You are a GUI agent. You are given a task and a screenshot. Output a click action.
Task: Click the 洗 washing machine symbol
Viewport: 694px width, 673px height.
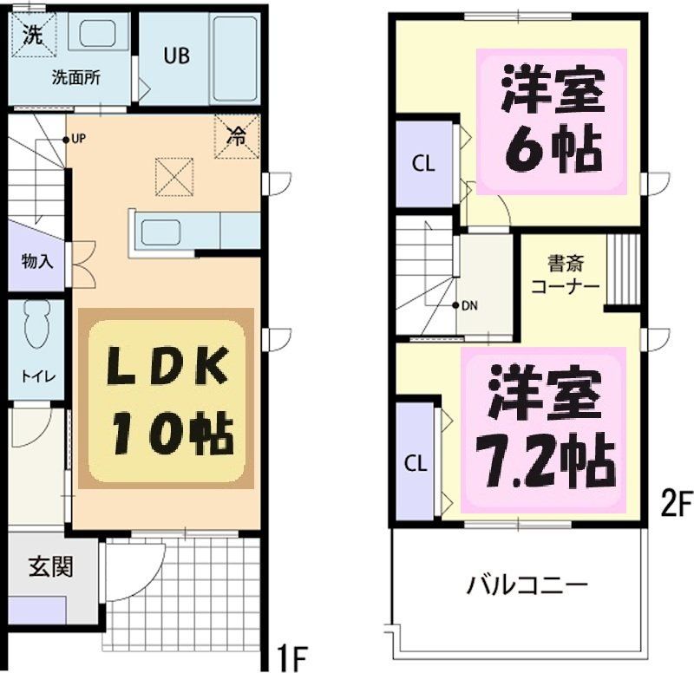click(x=32, y=36)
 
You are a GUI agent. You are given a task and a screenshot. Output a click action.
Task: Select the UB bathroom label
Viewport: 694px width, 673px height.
click(x=177, y=55)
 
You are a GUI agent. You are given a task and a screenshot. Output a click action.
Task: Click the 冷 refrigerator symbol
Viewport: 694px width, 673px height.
click(x=236, y=135)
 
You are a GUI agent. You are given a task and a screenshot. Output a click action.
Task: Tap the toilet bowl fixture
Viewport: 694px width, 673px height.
click(x=36, y=325)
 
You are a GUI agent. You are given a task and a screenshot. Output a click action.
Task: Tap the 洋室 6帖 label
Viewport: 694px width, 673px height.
click(x=553, y=122)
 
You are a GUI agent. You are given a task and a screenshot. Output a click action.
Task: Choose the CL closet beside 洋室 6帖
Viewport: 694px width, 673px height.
click(x=423, y=163)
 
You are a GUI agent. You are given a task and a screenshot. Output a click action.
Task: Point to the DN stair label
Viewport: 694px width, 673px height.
click(x=468, y=305)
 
